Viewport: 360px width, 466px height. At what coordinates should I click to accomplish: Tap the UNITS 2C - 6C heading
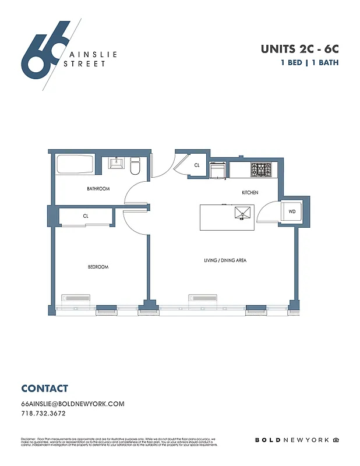(299, 50)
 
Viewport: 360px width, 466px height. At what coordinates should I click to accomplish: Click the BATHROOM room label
(98, 189)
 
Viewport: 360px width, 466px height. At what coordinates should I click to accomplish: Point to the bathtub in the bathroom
(75, 164)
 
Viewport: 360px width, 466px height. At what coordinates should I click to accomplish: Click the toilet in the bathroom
(135, 166)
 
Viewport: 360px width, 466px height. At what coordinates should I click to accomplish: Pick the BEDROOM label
(98, 267)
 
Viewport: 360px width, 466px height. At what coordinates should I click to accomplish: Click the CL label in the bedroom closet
(86, 216)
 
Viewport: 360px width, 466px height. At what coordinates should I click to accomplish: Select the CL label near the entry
(197, 165)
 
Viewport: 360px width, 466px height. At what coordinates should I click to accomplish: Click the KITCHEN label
(250, 192)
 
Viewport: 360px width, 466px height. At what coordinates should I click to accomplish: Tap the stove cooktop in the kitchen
(261, 170)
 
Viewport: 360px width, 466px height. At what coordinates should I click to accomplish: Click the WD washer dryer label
(291, 211)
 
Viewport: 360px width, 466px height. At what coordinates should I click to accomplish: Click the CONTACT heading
(44, 389)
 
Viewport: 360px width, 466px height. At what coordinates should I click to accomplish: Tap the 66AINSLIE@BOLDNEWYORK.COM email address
(73, 404)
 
